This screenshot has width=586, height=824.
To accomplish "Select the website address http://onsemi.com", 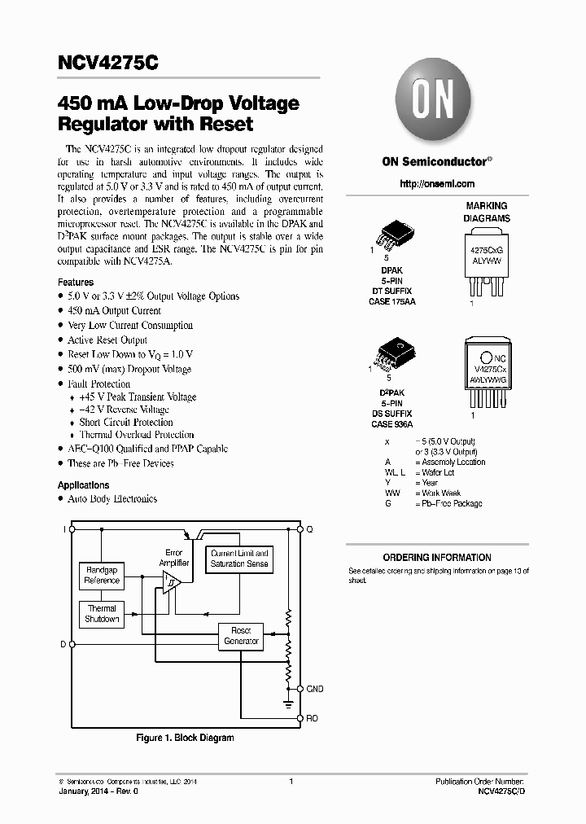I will point(438,185).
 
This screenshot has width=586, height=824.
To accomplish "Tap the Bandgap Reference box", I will point(103,575).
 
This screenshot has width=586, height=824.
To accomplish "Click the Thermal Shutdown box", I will point(103,614).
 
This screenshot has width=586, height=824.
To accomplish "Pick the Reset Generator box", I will point(241,636).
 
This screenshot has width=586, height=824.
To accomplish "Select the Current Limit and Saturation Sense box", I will point(239,559).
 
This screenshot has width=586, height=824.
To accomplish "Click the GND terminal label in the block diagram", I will point(315,689).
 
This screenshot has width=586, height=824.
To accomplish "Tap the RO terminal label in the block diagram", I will point(313,718).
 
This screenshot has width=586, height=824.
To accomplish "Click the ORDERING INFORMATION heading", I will point(437,558).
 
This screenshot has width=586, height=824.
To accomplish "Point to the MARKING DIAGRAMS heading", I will point(487,213).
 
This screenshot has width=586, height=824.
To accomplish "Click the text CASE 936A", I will point(392,424).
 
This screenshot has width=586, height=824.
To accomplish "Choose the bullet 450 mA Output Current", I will point(114,311).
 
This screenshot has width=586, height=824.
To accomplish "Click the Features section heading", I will point(76,283).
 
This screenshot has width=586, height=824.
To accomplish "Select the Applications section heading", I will point(83,484).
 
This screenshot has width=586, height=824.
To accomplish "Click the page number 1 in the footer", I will point(291,782).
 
